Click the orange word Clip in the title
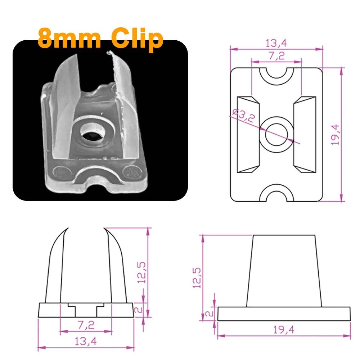pos(136,39)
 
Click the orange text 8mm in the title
pos(69,39)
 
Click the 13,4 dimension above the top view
pos(276,43)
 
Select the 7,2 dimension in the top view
pos(276,56)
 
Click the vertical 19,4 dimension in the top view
pos(336,134)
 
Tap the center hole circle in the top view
pos(276,135)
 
